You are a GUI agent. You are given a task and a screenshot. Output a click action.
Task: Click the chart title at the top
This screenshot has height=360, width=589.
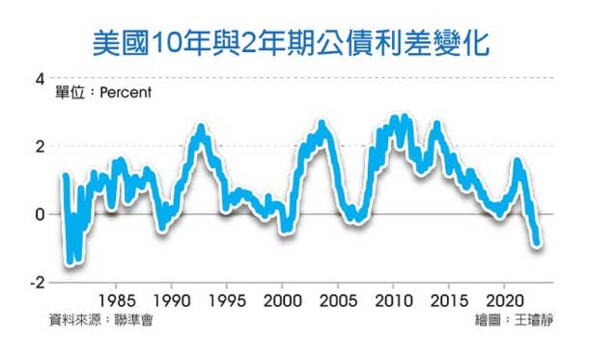click(x=291, y=44)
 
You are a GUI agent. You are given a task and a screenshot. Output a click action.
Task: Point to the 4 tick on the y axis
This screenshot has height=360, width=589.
click(x=40, y=79)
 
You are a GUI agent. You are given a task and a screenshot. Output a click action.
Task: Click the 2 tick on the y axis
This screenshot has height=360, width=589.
click(x=40, y=147)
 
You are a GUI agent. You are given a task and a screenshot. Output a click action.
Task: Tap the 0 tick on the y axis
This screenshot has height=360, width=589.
click(x=40, y=215)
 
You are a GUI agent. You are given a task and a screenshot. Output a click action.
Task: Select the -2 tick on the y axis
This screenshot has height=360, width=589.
click(x=37, y=282)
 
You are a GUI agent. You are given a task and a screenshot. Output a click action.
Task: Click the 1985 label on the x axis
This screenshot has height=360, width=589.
click(x=116, y=301)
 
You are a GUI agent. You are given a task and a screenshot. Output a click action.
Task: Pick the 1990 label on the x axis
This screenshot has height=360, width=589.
click(x=172, y=301)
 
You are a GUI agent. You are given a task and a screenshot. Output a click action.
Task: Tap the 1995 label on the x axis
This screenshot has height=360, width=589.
click(x=227, y=301)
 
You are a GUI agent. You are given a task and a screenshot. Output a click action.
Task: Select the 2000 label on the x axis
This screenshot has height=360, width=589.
click(x=282, y=301)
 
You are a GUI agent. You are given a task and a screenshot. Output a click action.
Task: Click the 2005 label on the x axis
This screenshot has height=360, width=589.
click(x=338, y=301)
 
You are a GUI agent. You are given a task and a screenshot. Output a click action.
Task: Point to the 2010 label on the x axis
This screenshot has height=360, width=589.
click(x=393, y=301)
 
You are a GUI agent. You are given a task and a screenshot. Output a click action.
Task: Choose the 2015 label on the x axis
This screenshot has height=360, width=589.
click(x=449, y=301)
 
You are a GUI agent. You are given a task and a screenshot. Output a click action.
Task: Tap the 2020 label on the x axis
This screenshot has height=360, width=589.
click(x=505, y=301)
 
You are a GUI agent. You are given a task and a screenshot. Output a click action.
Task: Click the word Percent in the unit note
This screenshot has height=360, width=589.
click(x=125, y=93)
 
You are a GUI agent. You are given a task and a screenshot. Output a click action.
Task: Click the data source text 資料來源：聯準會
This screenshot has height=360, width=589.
click(x=101, y=320)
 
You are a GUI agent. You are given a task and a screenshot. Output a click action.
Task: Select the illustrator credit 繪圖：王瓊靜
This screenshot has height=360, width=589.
click(x=514, y=320)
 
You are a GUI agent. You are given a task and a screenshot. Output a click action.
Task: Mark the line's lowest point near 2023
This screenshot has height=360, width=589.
click(x=537, y=243)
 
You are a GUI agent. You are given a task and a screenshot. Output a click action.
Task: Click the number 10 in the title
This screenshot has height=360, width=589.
click(x=165, y=45)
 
